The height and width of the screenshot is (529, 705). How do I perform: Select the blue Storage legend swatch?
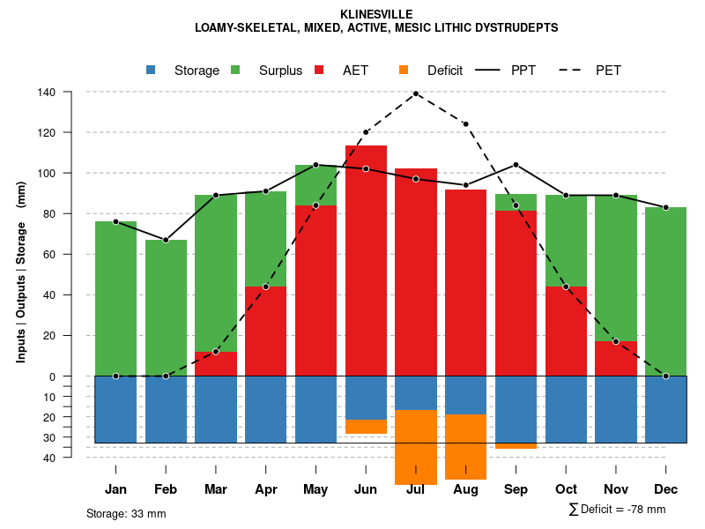coord(152,70)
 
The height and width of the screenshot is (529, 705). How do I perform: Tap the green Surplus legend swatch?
coord(236,70)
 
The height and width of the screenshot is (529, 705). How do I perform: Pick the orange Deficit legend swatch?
coord(404,70)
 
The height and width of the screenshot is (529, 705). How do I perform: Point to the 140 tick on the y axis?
coord(47,92)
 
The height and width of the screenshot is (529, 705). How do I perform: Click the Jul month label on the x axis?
coord(415,489)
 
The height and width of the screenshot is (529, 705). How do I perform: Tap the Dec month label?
coord(665,489)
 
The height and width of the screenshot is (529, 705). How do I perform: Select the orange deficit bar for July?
coord(416,447)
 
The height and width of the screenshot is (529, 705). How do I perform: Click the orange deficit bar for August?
coord(465,446)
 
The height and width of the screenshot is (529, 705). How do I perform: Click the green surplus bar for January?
coord(115,299)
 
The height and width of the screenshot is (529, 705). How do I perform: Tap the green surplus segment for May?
coord(315,184)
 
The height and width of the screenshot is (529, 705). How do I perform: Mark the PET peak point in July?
coord(416,93)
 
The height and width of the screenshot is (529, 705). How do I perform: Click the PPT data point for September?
coord(516,165)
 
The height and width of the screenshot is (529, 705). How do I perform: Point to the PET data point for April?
coord(266,287)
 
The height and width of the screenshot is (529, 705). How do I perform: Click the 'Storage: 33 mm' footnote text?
coord(126,513)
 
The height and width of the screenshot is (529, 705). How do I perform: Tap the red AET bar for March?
coord(216,364)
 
